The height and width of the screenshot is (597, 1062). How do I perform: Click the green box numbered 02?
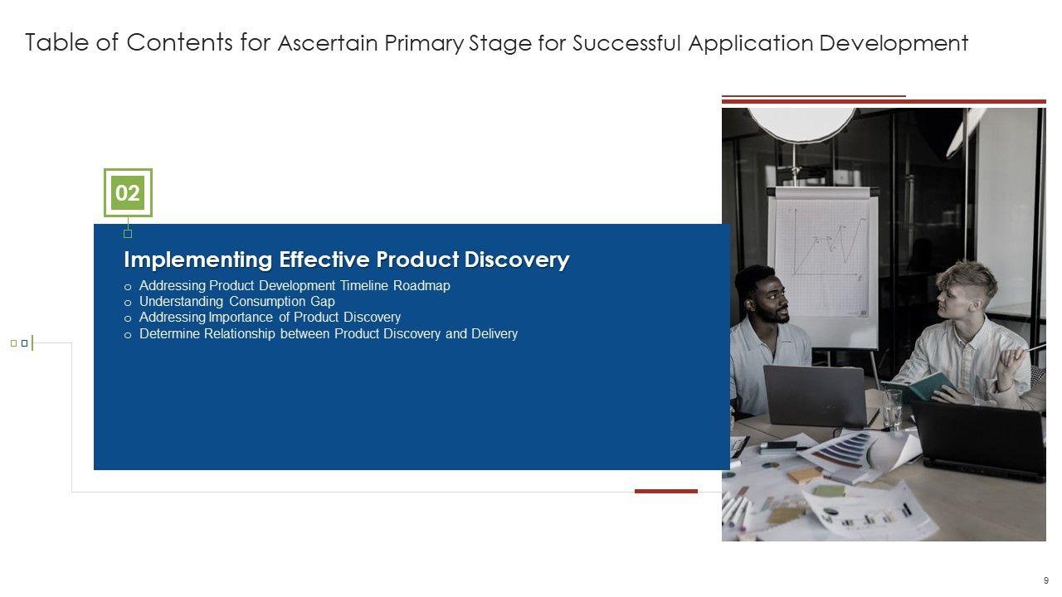[x=128, y=193]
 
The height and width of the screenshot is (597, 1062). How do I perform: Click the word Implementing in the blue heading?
[x=198, y=260]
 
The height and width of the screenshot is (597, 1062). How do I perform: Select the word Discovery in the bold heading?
[x=517, y=260]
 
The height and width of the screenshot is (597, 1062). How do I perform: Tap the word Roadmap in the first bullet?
[x=421, y=286]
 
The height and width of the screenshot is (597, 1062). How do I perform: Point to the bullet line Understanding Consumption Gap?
[x=237, y=301]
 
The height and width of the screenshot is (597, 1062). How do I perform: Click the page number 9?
[x=1046, y=580]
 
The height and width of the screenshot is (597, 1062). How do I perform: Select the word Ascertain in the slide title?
[x=328, y=43]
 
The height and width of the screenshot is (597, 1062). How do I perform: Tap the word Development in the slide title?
[x=894, y=44]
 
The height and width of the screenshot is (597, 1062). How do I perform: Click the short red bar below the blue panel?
[x=666, y=492]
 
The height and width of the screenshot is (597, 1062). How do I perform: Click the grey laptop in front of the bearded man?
[x=816, y=396]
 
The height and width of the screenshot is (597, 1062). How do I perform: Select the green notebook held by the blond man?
[x=930, y=386]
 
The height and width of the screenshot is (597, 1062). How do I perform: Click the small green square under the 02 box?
[x=128, y=234]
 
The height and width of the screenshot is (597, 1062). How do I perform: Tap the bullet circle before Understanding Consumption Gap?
[x=128, y=303]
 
